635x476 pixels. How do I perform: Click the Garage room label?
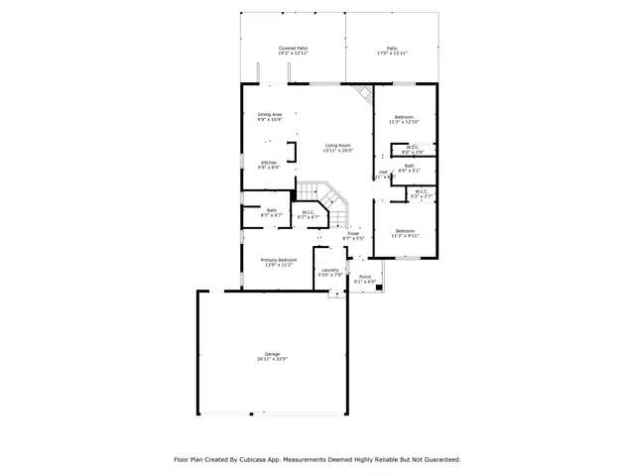[x=272, y=356]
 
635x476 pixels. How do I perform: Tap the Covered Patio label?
[x=293, y=50]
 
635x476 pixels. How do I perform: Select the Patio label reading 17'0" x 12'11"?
[x=391, y=50]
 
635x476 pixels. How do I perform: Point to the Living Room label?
[x=337, y=148]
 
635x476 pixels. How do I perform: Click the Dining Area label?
[x=270, y=117]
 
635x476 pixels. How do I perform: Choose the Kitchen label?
[x=269, y=165]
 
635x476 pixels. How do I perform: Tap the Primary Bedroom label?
[x=279, y=262]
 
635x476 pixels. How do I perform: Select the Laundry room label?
[x=330, y=272]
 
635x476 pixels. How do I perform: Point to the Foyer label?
[x=353, y=236]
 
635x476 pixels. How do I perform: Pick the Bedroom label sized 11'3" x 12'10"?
[x=403, y=119]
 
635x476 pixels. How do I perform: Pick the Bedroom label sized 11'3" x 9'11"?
[x=405, y=233]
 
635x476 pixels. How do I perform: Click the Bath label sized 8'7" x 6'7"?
[x=271, y=212]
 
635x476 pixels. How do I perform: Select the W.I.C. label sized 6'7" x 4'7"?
[x=309, y=213]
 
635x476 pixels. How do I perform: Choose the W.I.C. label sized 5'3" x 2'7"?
[x=421, y=194]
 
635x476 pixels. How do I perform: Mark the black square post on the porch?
[x=378, y=289]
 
